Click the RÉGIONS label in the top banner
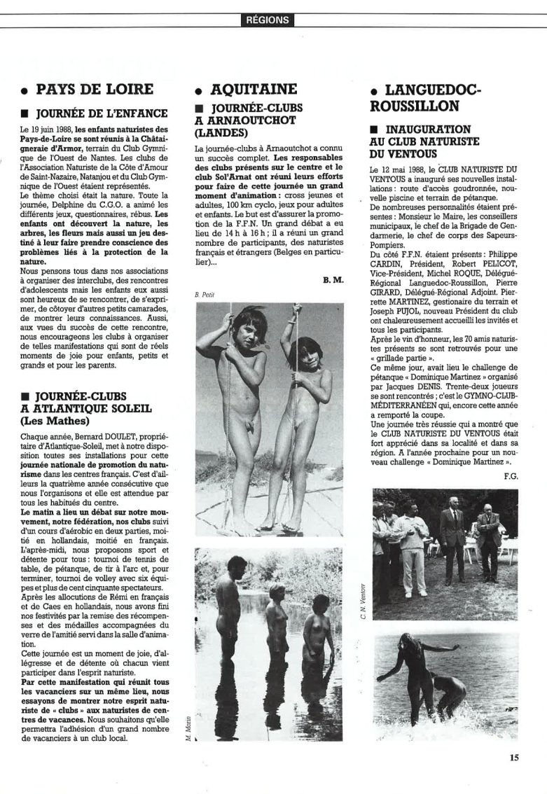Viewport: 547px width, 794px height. point(268,20)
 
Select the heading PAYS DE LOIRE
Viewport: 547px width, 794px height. point(93,90)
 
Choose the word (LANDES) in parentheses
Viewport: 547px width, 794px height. point(222,132)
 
